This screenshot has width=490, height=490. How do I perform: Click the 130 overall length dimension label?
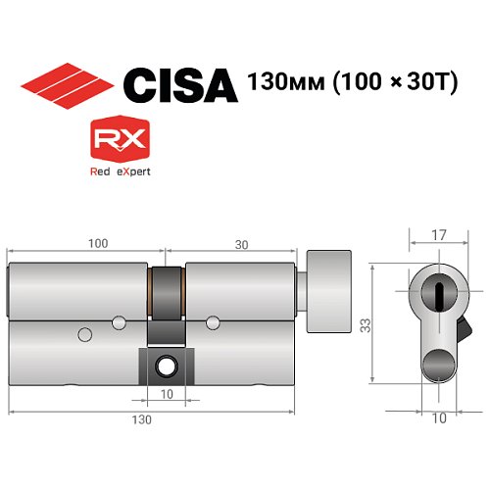click(x=145, y=419)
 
